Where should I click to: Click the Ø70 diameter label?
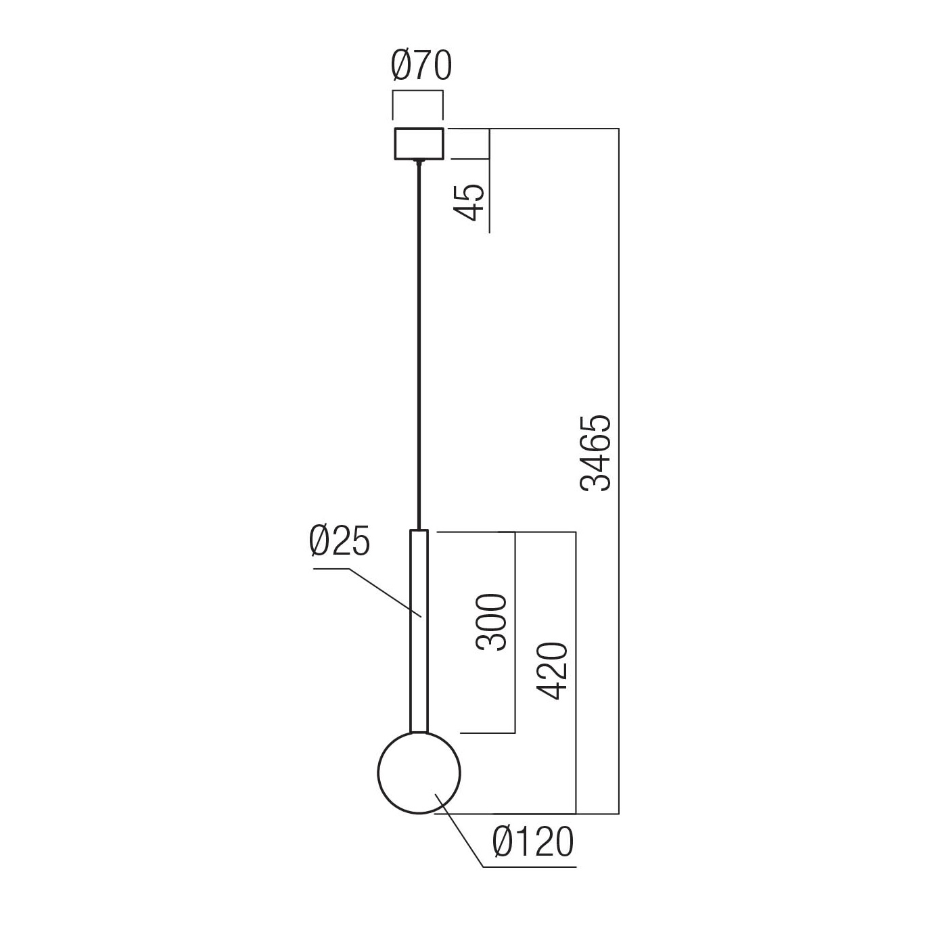[x=421, y=66]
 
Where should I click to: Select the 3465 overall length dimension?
[x=597, y=452]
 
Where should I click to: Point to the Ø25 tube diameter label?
[x=340, y=542]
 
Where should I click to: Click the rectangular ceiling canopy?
[x=419, y=143]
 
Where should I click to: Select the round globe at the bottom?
[x=419, y=772]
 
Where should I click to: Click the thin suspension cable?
[x=419, y=338]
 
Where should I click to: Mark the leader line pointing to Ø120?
[x=460, y=832]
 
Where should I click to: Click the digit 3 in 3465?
[x=597, y=480]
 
